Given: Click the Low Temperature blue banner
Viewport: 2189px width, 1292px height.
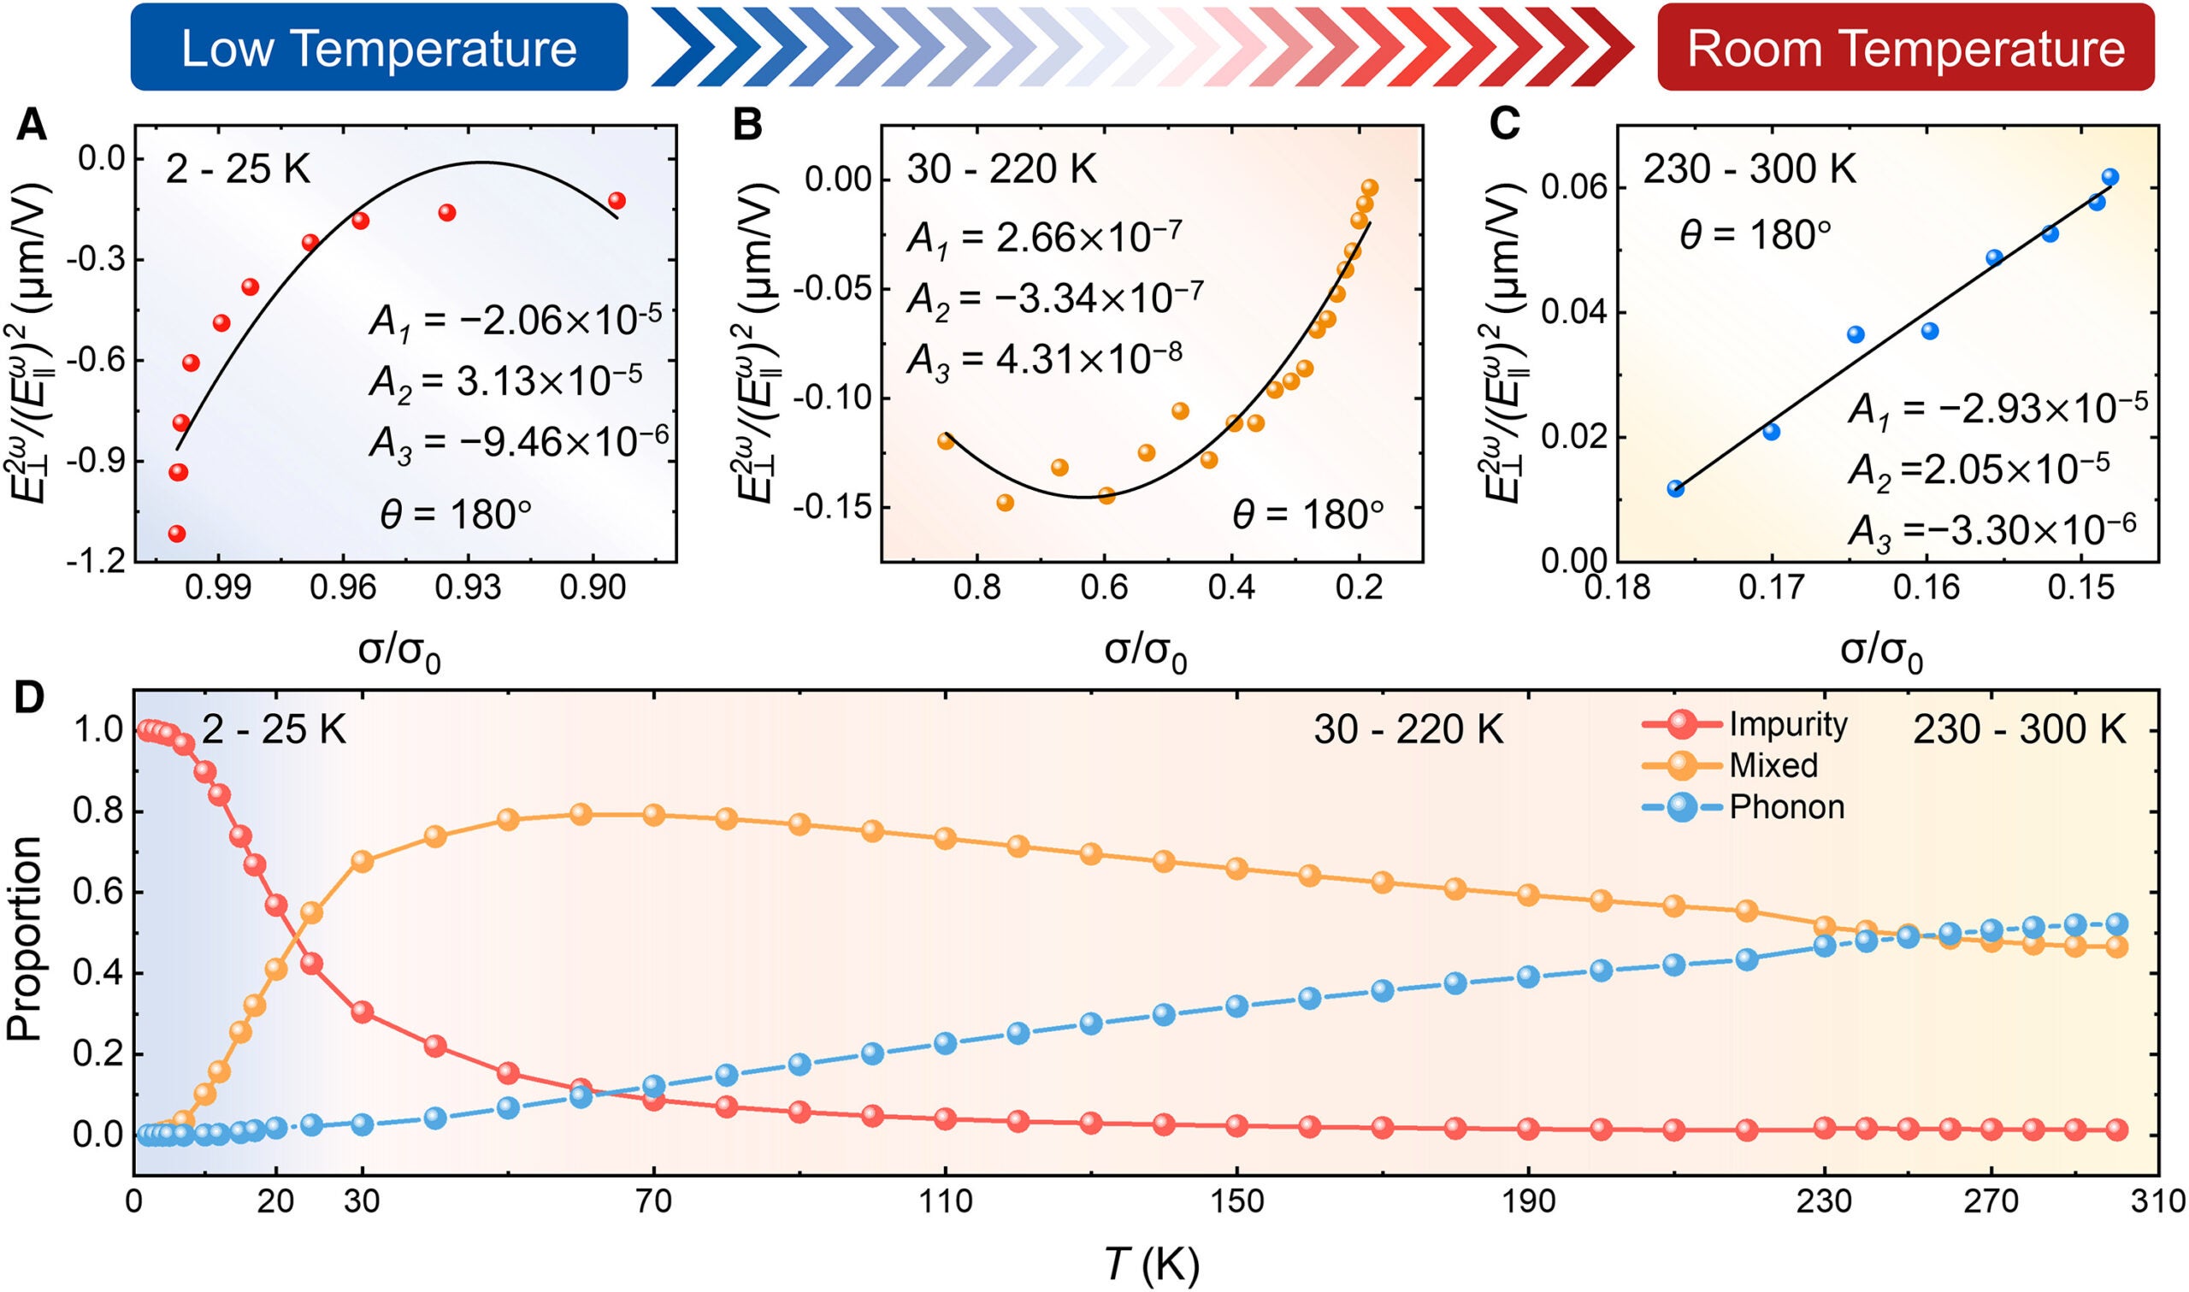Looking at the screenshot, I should pyautogui.click(x=379, y=48).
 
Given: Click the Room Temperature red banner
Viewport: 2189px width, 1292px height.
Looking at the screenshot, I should pyautogui.click(x=1905, y=48).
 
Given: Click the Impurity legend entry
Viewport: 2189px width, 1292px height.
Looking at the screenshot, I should pyautogui.click(x=1788, y=724).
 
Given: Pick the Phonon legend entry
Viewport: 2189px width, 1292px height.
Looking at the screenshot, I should pyautogui.click(x=1786, y=807).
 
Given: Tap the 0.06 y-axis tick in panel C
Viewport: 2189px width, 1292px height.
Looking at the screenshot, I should pyautogui.click(x=1572, y=188).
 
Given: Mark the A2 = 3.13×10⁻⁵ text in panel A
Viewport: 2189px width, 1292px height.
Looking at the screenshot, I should pyautogui.click(x=504, y=381).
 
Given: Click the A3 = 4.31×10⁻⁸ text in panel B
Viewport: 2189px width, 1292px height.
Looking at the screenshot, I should pyautogui.click(x=1043, y=357).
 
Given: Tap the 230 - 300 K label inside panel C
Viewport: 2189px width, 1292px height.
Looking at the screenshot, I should pyautogui.click(x=1749, y=168).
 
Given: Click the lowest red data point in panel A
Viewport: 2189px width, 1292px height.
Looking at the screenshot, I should pyautogui.click(x=177, y=533).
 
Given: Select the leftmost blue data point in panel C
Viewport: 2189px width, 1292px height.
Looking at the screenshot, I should pyautogui.click(x=1675, y=488).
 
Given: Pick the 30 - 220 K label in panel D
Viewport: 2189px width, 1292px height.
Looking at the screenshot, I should pyautogui.click(x=1408, y=729).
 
